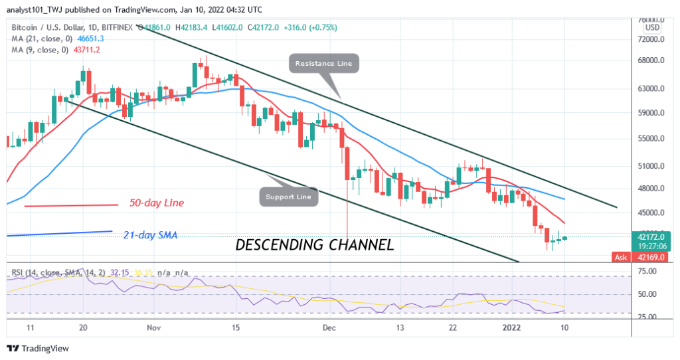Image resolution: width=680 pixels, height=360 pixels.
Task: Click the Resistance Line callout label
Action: click(x=324, y=64)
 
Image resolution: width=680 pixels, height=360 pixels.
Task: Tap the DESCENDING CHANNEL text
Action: click(x=315, y=244)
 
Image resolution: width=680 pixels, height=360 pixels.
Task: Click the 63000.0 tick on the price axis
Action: click(x=650, y=88)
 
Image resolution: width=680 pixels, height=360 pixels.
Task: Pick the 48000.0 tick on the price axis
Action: click(x=650, y=189)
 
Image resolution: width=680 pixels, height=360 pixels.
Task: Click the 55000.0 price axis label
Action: click(x=650, y=139)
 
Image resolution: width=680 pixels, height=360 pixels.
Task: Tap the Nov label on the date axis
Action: click(x=153, y=327)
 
